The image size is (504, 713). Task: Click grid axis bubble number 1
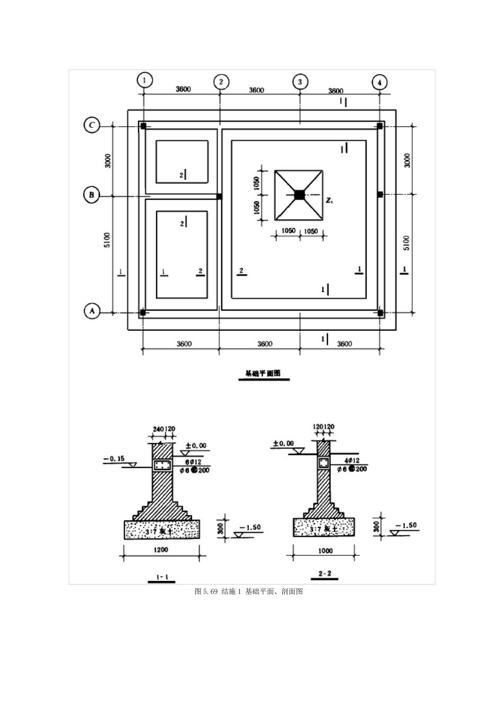144,80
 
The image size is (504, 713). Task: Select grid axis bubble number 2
221,82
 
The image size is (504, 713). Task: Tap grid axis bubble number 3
300,82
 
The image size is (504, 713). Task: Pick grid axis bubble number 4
379,82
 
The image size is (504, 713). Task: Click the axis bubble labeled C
92,126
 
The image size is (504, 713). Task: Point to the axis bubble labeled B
91,195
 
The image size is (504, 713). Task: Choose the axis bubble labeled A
92,311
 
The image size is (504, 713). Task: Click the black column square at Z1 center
299,195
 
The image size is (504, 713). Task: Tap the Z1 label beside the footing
329,201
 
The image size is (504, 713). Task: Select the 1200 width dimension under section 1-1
161,549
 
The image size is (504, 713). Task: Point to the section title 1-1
161,576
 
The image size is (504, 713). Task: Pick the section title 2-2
324,574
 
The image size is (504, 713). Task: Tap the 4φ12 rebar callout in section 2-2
352,461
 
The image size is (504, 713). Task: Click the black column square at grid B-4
380,195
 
